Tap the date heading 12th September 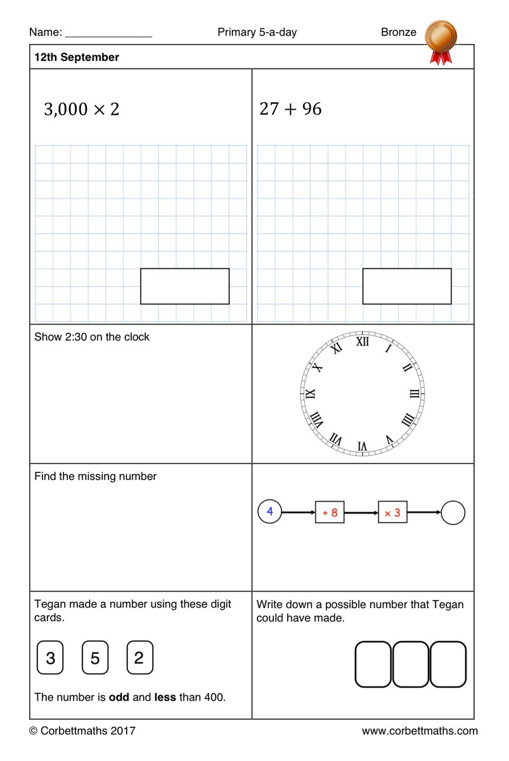[x=77, y=57]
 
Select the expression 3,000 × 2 [x=81, y=109]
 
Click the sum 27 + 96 [x=290, y=109]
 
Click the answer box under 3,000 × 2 [x=184, y=286]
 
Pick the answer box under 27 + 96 [x=407, y=286]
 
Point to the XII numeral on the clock [x=363, y=342]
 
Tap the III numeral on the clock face [x=415, y=394]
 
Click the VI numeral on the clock [x=362, y=446]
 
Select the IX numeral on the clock [x=311, y=394]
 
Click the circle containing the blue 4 [x=269, y=512]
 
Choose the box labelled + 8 [x=330, y=512]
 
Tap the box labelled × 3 [x=392, y=512]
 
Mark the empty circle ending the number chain [x=453, y=513]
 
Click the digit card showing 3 [x=50, y=658]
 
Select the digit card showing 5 [x=95, y=658]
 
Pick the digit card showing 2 [x=139, y=658]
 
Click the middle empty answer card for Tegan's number [x=410, y=664]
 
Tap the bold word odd [x=119, y=697]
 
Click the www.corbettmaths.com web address [x=420, y=731]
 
